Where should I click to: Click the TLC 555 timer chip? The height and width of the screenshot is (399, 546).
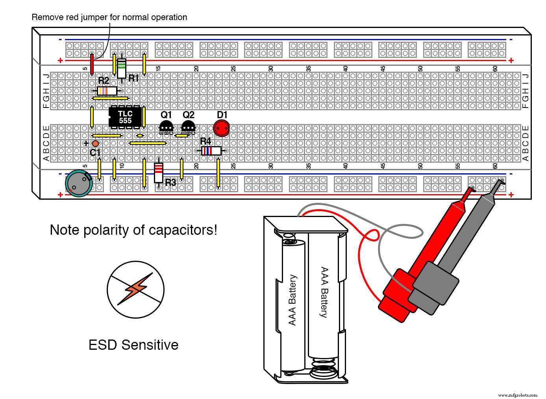coord(125,117)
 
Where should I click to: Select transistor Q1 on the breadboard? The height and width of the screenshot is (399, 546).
coord(166,127)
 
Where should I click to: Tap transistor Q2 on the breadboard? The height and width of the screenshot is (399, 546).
coord(188,127)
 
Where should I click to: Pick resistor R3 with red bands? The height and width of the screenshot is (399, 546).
coord(158,173)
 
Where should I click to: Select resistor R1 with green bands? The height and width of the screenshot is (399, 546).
coord(122,68)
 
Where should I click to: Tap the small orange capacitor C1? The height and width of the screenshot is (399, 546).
coord(95,143)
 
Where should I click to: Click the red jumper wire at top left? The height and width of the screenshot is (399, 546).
coord(92,64)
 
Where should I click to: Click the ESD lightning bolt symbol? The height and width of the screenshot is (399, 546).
coord(135,290)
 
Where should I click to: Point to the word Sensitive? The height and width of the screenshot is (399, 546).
coord(150,345)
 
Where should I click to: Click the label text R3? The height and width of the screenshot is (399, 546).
coord(170,183)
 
